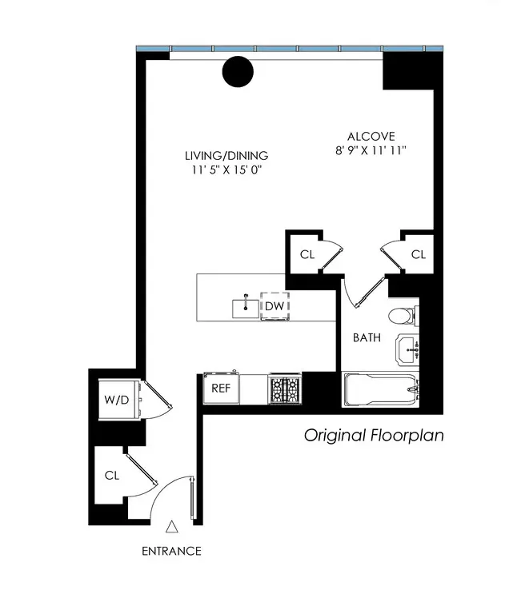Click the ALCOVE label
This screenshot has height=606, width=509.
pyautogui.click(x=371, y=136)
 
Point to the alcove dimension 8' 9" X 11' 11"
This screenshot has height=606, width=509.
pyautogui.click(x=371, y=150)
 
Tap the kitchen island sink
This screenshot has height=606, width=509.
pyautogui.click(x=246, y=306)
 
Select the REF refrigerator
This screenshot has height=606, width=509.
pyautogui.click(x=221, y=388)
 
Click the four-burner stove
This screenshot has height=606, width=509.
pyautogui.click(x=283, y=389)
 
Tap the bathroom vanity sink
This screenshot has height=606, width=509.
pyautogui.click(x=408, y=349)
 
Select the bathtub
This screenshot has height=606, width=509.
pyautogui.click(x=380, y=389)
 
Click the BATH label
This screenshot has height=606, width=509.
pyautogui.click(x=367, y=338)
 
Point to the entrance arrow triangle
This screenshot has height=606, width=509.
pyautogui.click(x=171, y=527)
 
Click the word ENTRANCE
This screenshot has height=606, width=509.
pyautogui.click(x=171, y=551)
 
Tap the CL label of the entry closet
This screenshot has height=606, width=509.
pyautogui.click(x=111, y=475)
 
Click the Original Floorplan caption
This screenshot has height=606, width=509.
pyautogui.click(x=373, y=436)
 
